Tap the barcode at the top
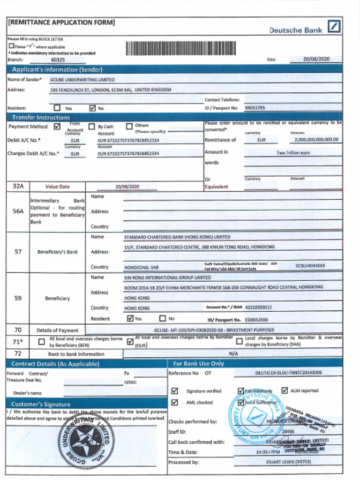pos(180,49)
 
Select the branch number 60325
pos(58,60)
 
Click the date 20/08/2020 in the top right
pos(316,59)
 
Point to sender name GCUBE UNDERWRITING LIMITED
pos(82,80)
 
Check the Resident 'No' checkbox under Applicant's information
pos(92,108)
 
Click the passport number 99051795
pos(255,108)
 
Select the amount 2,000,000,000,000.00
pos(316,140)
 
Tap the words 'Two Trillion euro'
pos(293,153)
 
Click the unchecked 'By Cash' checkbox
pos(92,126)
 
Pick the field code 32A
pos(18,186)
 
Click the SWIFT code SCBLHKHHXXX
pos(310,266)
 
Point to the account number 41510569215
pos(258,307)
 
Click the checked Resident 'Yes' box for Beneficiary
pos(130,318)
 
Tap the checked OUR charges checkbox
pos(130,342)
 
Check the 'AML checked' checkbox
pos(175,402)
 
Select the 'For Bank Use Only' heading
pos(198,364)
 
